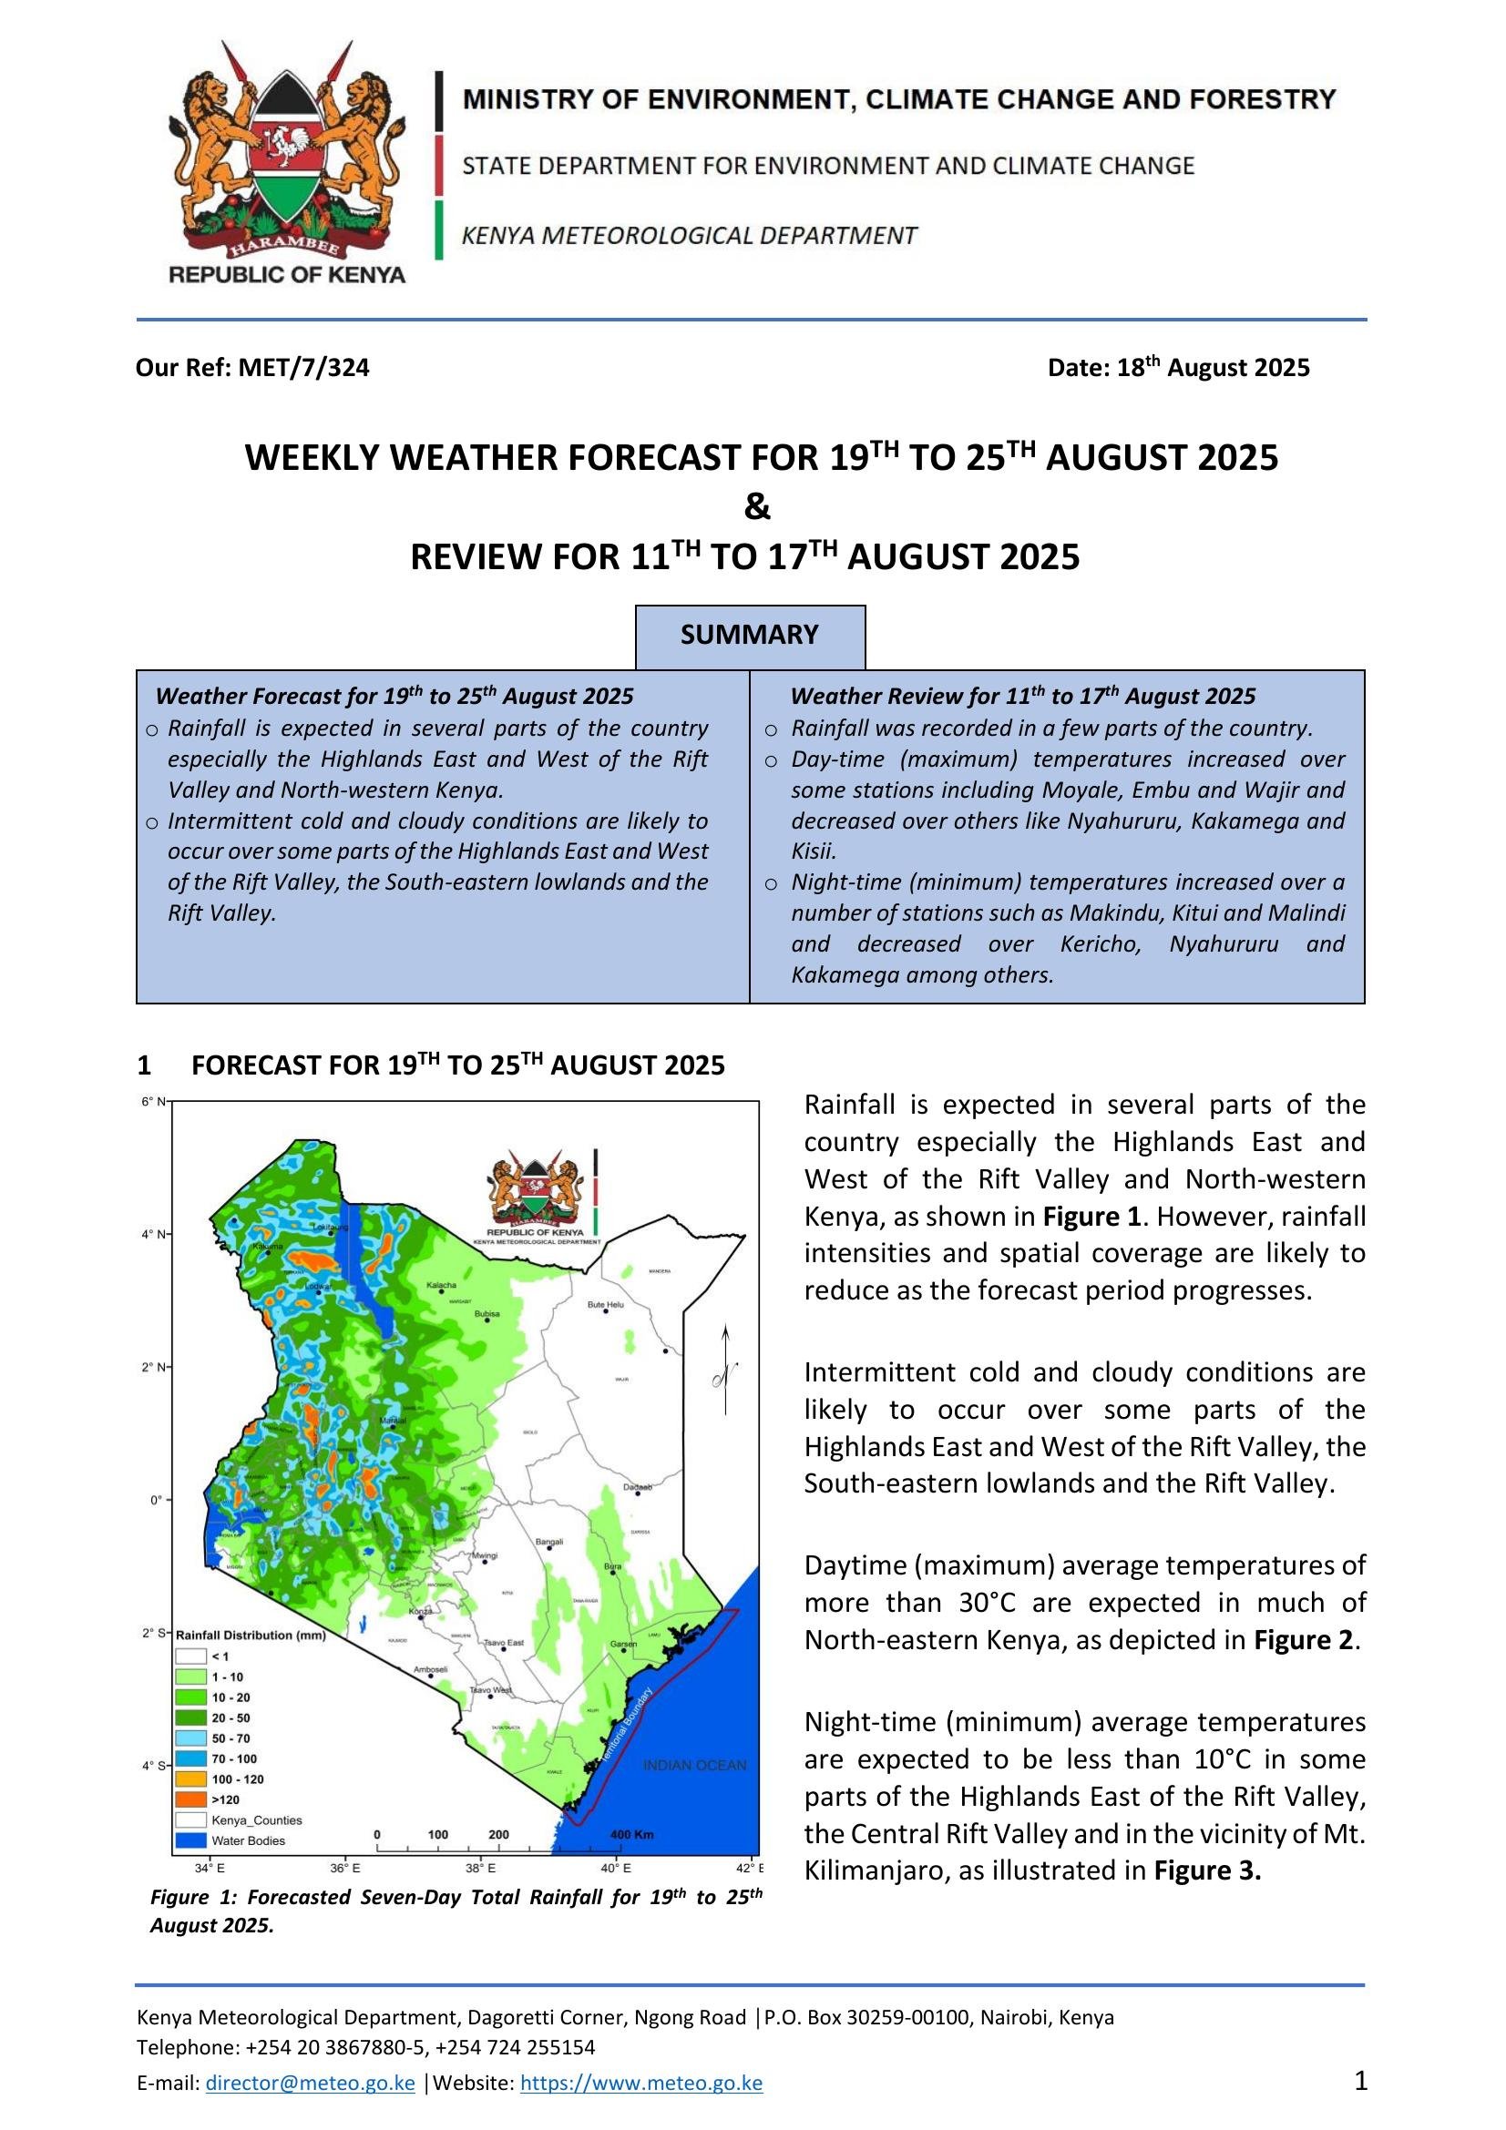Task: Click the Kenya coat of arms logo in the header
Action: coord(287,162)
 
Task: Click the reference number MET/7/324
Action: coord(303,368)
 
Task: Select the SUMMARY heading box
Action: coord(750,636)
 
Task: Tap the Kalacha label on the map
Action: coord(441,1285)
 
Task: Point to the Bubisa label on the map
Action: coord(487,1314)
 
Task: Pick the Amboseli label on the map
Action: coord(431,1669)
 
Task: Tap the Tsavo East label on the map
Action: coord(504,1643)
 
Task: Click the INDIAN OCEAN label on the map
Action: coord(694,1766)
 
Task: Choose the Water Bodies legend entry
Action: coord(248,1840)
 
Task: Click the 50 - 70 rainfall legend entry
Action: coord(231,1738)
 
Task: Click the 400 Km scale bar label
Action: coord(632,1835)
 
